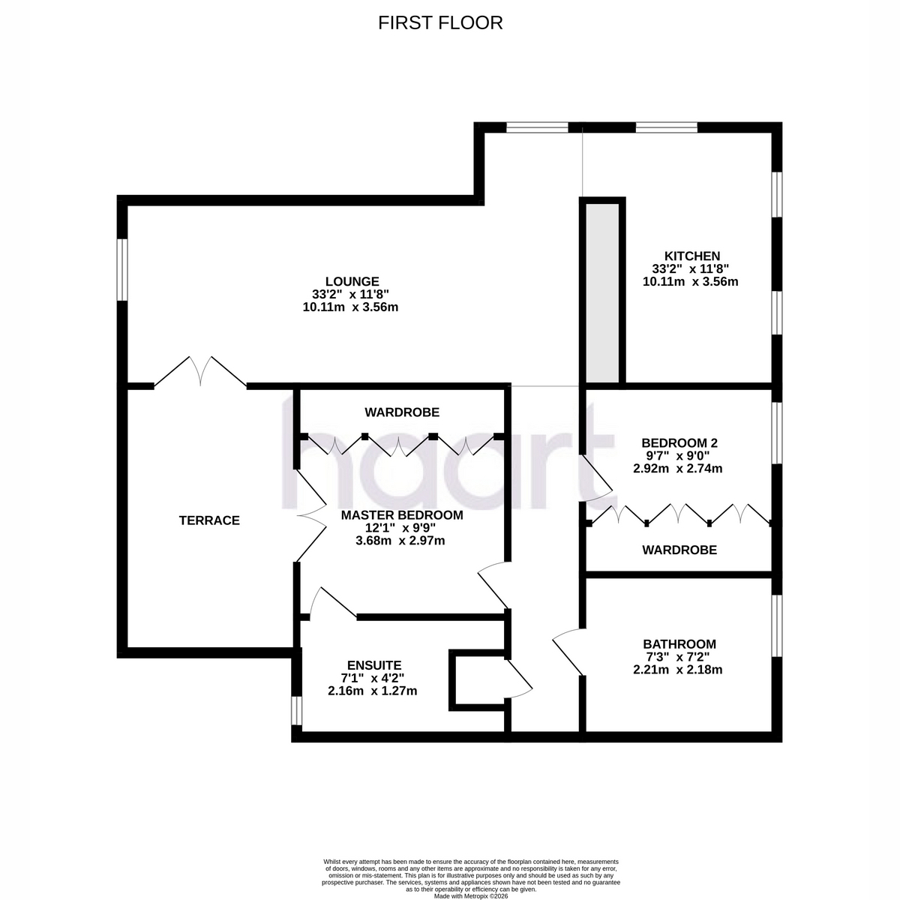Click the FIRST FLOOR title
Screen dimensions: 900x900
point(440,23)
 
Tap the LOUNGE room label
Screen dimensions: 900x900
point(352,282)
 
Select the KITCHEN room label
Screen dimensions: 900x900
point(691,256)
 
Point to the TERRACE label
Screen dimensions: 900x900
point(209,520)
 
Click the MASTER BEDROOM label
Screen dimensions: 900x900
point(402,515)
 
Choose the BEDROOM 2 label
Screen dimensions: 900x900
point(679,442)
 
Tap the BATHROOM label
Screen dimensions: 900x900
point(679,644)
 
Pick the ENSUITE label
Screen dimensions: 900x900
point(374,665)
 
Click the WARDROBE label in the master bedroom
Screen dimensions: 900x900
point(402,412)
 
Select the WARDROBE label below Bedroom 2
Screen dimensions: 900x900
point(679,550)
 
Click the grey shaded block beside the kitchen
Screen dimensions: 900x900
point(602,292)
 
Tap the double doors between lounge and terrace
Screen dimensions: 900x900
point(200,372)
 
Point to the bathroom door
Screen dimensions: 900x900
point(568,652)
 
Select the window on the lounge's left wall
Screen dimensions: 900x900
point(122,270)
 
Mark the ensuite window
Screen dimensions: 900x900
point(296,711)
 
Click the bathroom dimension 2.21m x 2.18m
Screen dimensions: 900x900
point(677,670)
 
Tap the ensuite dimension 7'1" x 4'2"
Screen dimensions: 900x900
point(372,678)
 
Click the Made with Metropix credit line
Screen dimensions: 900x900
point(471,896)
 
